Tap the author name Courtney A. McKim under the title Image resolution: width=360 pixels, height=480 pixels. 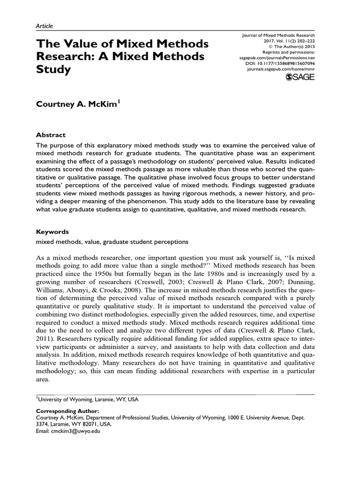[x=78, y=104]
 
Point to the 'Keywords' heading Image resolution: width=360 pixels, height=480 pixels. [x=52, y=232]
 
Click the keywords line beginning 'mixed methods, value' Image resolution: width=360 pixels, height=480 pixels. [x=112, y=242]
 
